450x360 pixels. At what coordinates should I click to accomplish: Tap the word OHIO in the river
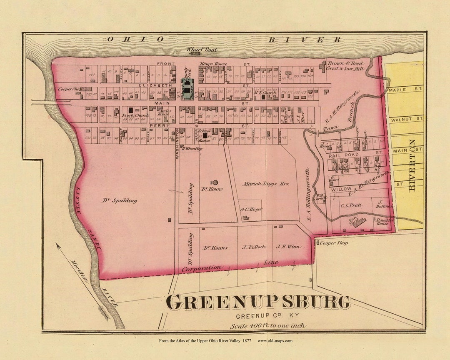(x=136, y=39)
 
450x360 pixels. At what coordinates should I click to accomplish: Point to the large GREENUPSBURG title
(x=258, y=302)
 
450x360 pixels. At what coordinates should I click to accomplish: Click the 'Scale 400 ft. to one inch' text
(x=267, y=325)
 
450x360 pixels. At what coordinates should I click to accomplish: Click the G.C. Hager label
(x=251, y=209)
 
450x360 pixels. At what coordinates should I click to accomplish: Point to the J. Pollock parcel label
(x=254, y=247)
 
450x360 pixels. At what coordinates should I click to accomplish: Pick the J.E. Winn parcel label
(x=288, y=247)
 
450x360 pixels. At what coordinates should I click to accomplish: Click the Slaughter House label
(x=382, y=221)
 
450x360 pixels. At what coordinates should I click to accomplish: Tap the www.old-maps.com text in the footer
(x=275, y=341)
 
